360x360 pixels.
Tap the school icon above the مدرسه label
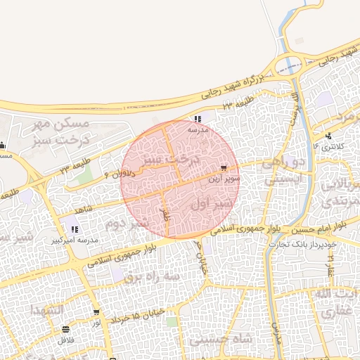(198, 120)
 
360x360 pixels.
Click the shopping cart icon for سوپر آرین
(224, 169)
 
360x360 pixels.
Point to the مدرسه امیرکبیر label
(72, 240)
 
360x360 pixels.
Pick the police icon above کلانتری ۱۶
(328, 136)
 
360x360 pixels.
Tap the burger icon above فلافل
(66, 329)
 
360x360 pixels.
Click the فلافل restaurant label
(66, 339)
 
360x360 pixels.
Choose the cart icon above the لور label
(96, 313)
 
